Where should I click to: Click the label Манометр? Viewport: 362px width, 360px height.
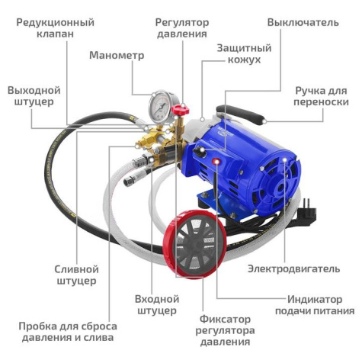tap(115, 55)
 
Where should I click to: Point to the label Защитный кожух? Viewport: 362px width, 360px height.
tap(239, 53)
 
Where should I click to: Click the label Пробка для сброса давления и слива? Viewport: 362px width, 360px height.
tap(66, 330)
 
